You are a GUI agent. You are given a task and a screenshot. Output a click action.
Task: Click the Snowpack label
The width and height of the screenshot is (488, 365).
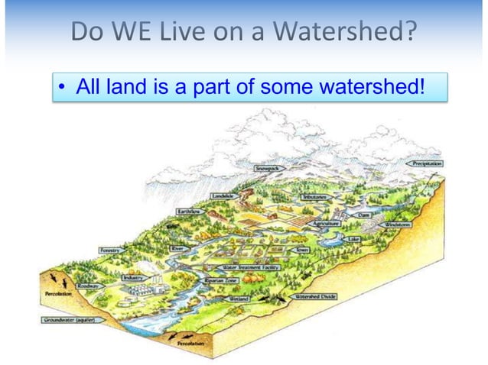pyautogui.click(x=269, y=166)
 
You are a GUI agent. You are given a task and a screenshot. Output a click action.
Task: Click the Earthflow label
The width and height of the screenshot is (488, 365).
pyautogui.click(x=190, y=211)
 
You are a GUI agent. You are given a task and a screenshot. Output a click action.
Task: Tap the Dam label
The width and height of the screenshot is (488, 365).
pyautogui.click(x=363, y=215)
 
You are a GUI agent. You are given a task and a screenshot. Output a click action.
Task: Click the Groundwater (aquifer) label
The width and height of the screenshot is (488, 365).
pyautogui.click(x=69, y=320)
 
